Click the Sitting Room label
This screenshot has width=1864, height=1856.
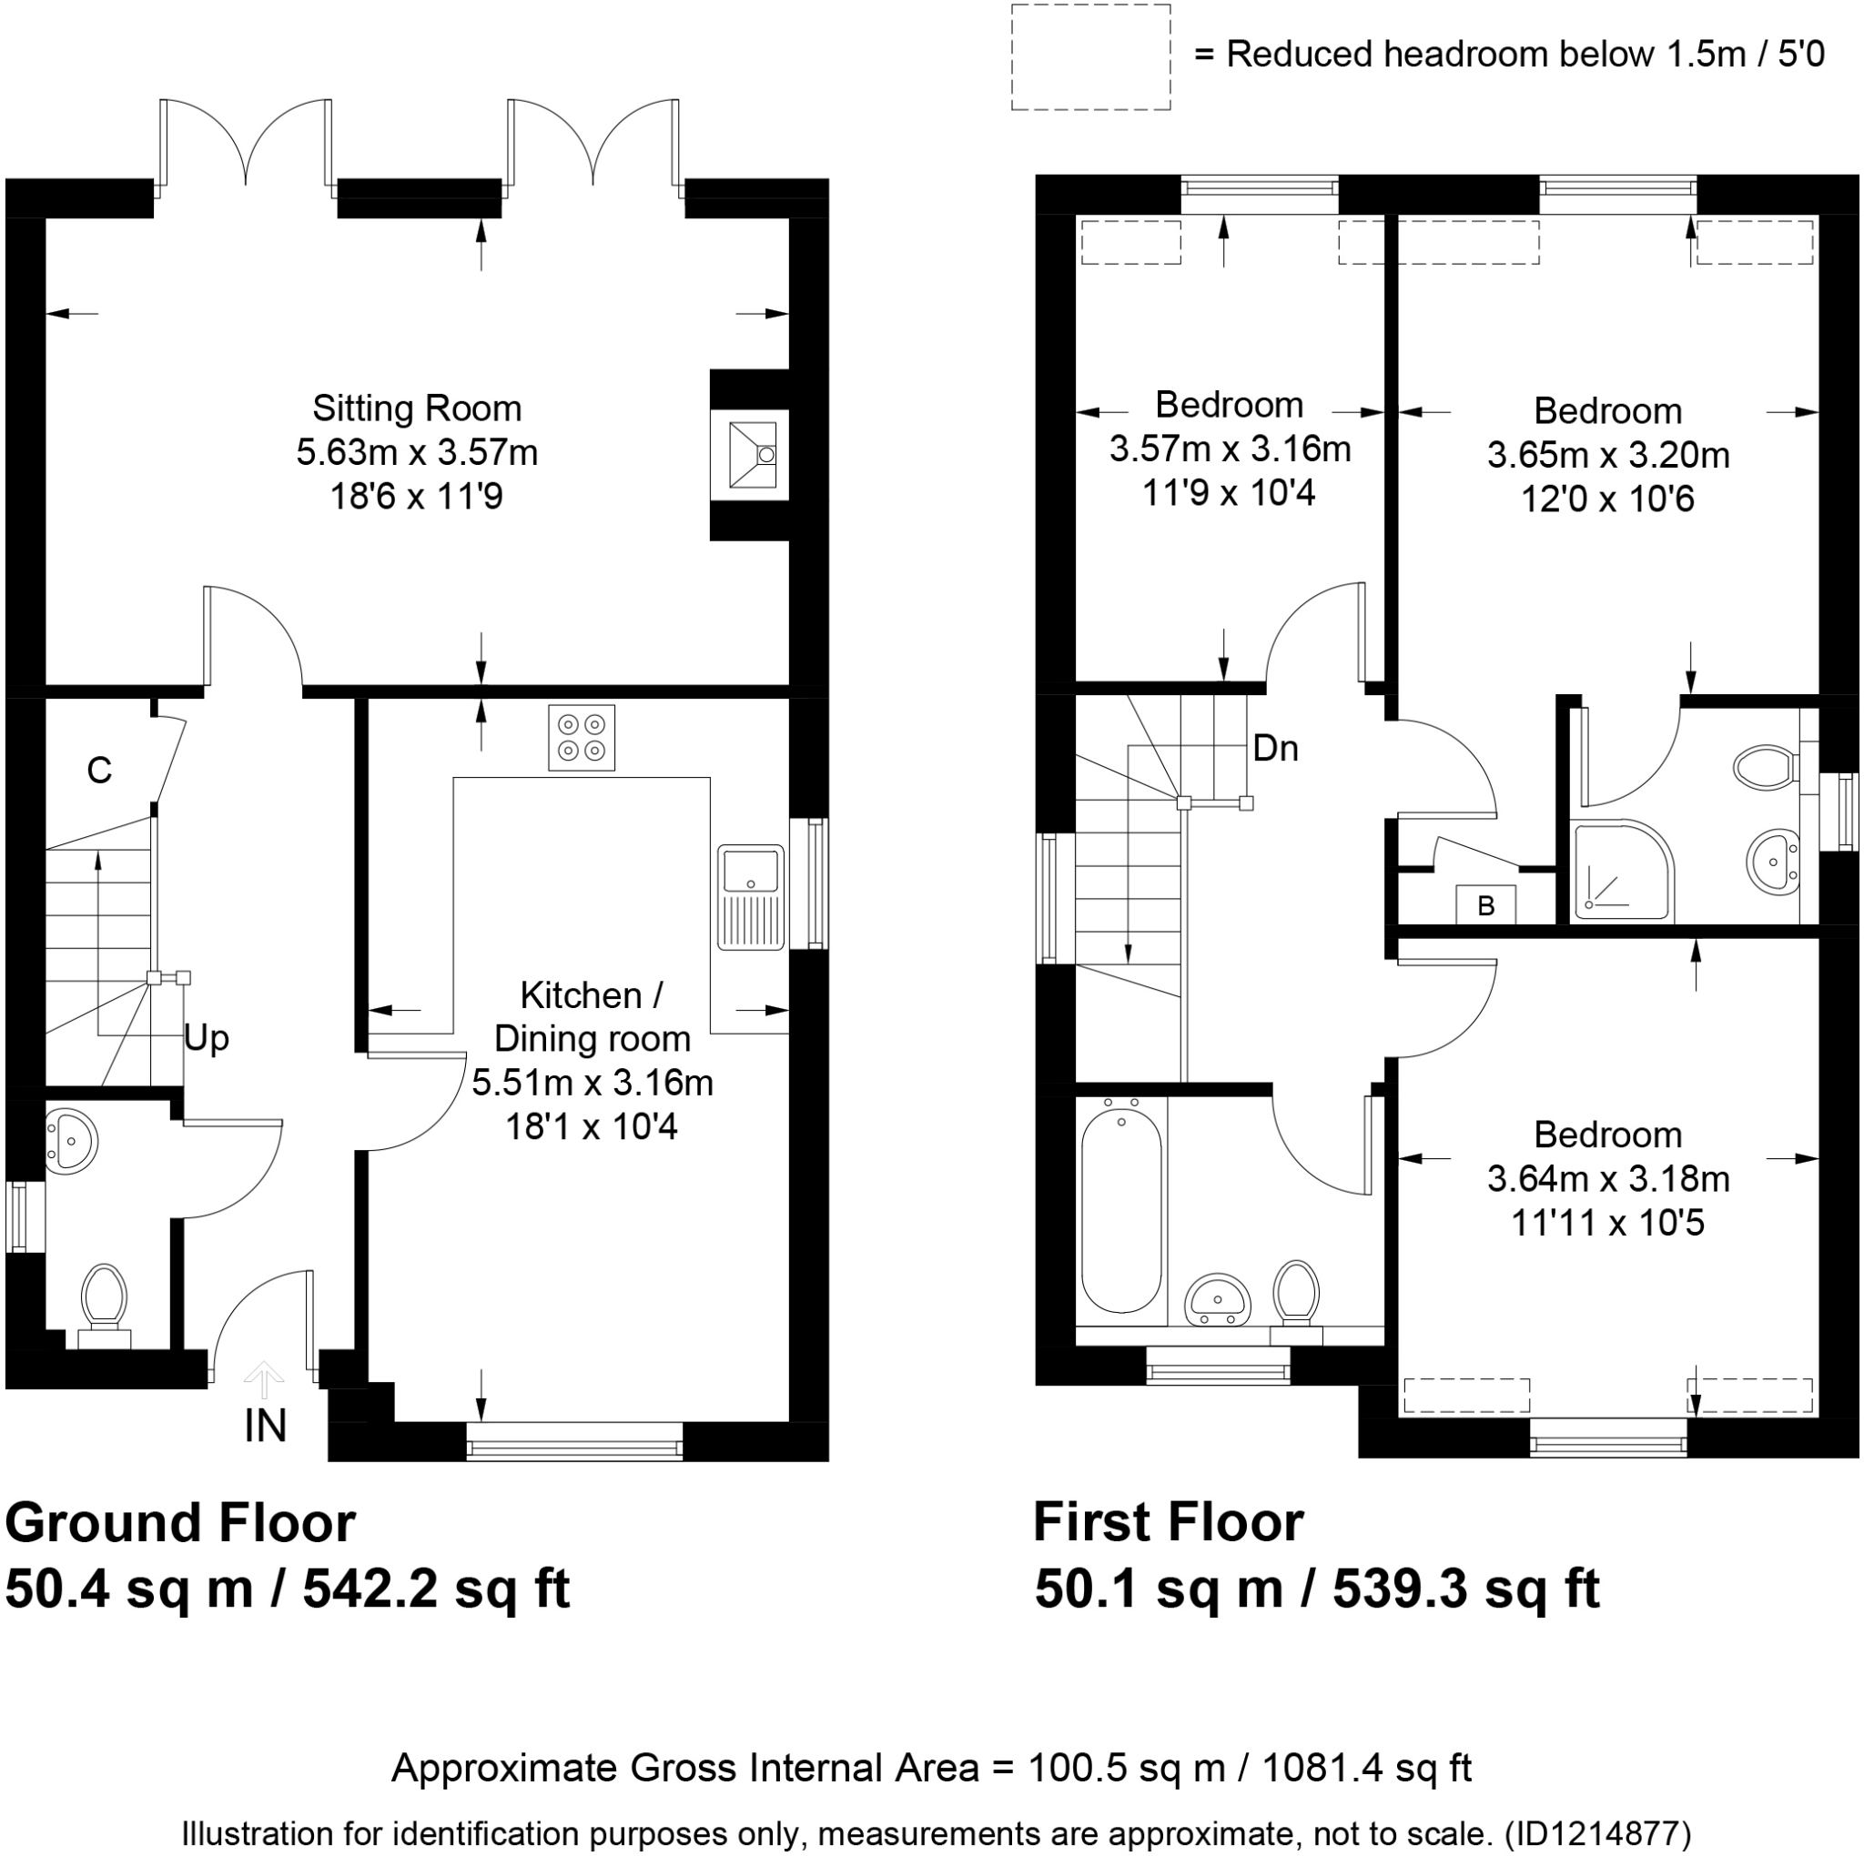tap(417, 409)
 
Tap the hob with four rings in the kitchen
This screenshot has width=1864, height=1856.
tap(582, 738)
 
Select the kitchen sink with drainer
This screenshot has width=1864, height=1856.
tap(751, 897)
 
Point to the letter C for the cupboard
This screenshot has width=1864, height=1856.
tap(99, 771)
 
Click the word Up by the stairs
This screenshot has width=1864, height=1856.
tap(207, 1039)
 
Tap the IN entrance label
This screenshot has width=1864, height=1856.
tap(266, 1427)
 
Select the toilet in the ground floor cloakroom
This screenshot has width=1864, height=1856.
tap(104, 1302)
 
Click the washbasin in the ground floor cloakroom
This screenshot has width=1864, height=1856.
tap(70, 1141)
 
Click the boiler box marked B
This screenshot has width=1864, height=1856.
tap(1485, 906)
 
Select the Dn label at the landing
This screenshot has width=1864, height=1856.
tap(1275, 749)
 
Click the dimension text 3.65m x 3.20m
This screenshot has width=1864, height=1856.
tap(1608, 455)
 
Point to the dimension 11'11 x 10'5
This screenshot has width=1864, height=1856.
tap(1608, 1223)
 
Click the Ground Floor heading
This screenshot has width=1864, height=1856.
tap(180, 1523)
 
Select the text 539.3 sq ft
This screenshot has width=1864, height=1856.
tap(1466, 1589)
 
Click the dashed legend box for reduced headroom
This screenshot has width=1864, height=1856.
tap(1090, 57)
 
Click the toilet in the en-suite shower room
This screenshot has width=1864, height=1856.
tap(1765, 767)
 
